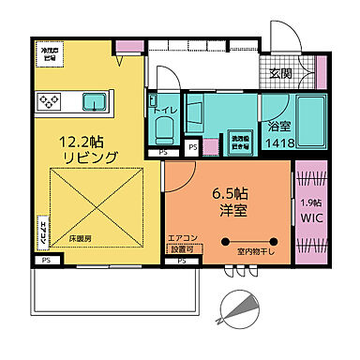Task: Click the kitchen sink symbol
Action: tap(97, 101)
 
